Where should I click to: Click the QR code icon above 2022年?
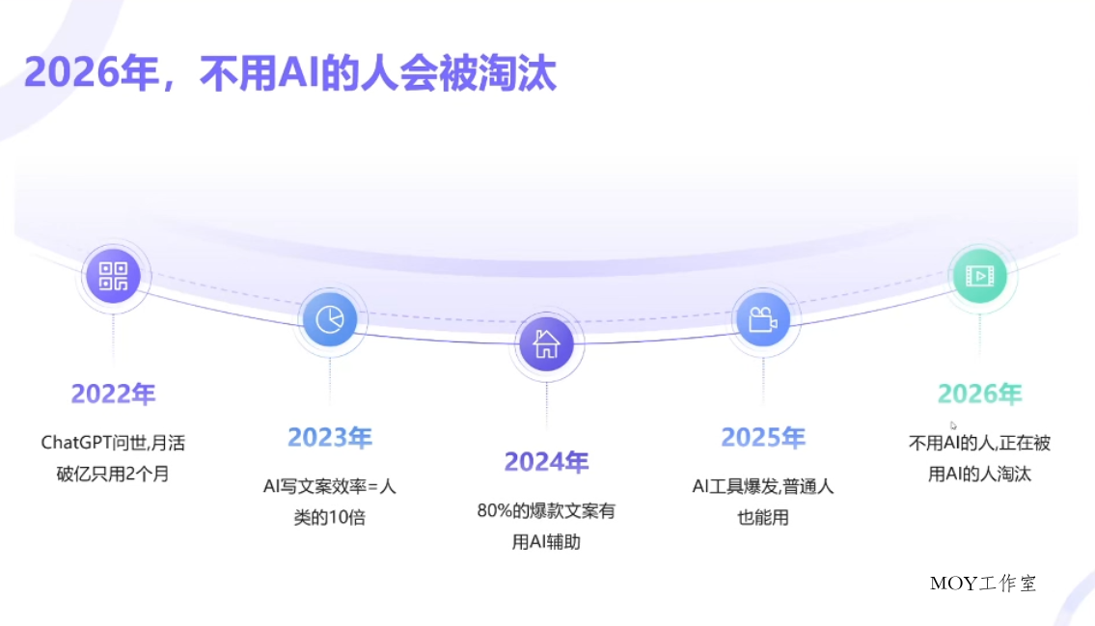113,276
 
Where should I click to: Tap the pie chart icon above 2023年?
329,318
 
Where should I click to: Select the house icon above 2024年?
546,343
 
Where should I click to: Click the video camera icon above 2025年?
762,318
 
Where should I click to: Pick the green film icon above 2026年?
979,276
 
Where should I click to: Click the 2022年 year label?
113,394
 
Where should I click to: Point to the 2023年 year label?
329,438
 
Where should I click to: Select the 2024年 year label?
546,462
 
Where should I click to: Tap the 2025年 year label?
762,438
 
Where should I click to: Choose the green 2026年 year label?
979,394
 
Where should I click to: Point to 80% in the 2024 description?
495,511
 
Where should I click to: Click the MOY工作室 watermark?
983,583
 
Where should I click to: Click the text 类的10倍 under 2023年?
329,517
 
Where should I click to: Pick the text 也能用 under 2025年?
762,517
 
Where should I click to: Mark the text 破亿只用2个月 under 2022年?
113,474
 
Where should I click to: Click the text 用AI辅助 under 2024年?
546,542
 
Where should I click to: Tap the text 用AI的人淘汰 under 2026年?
979,474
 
